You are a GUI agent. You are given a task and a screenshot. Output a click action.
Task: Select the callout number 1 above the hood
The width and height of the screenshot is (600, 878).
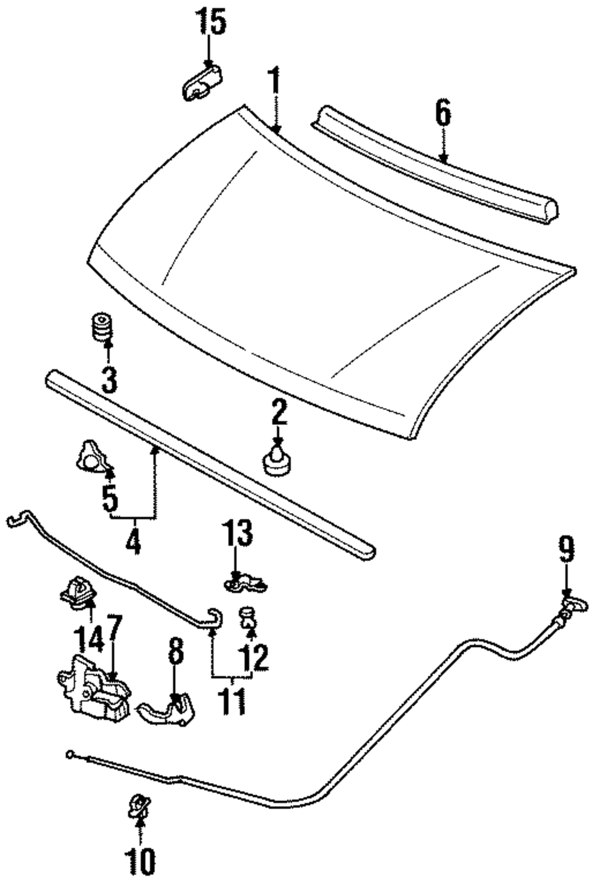pos(275,80)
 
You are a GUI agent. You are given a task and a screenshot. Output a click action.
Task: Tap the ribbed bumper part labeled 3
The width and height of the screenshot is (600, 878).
pos(102,326)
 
